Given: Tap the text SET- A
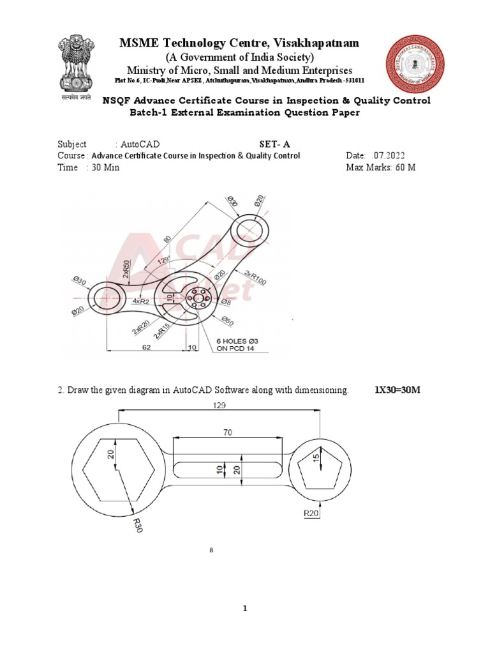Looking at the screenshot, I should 275,144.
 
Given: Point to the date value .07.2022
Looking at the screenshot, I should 386,156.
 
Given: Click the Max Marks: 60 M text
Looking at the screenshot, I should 380,167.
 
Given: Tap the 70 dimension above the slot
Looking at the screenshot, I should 227,432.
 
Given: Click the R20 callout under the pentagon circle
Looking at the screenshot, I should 312,512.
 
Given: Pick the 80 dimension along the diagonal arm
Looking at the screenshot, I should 168,240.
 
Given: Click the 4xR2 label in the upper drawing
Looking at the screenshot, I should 142,301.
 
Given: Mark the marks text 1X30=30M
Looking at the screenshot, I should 397,390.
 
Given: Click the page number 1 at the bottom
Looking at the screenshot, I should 244,609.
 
